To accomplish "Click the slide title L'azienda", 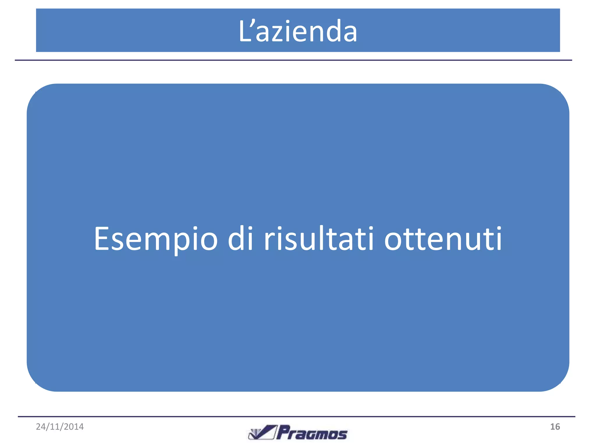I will coord(298,31).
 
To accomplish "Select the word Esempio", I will coord(156,239).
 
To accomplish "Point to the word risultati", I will coord(319,239).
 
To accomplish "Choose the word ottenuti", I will coord(443,239).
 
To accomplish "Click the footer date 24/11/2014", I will coord(60,427).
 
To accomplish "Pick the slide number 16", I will coord(555,427).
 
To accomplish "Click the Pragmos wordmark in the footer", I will coord(312,433).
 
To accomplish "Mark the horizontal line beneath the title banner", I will coord(293,60).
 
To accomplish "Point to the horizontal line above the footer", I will coord(296,417).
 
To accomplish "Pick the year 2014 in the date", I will coord(74,427).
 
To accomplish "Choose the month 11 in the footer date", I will coord(55,427).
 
